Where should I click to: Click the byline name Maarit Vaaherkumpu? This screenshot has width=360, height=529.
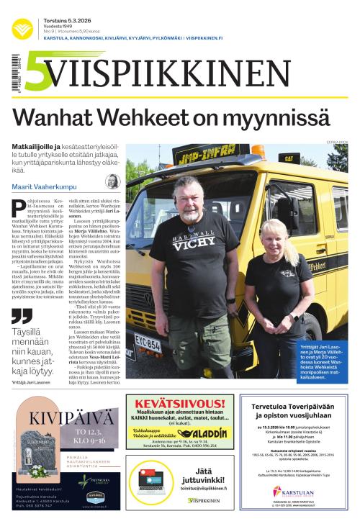[43, 186]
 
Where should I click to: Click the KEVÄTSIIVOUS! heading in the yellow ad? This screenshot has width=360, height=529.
[179, 404]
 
